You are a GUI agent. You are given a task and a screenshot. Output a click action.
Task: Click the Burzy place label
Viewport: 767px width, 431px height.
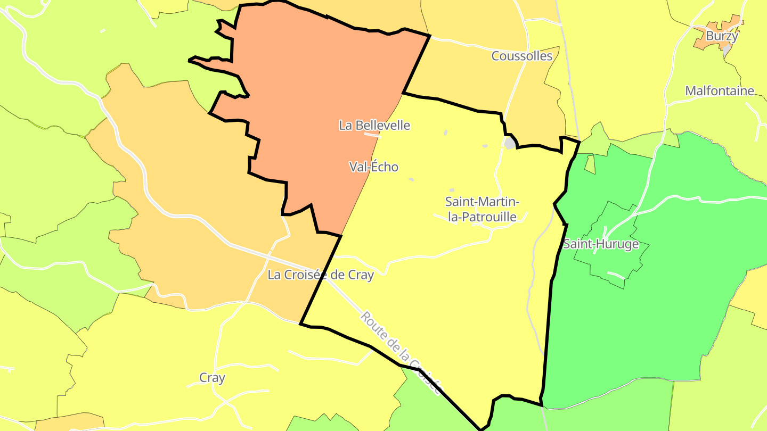(722, 37)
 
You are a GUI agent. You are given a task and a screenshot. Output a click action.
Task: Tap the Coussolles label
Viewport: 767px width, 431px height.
(521, 56)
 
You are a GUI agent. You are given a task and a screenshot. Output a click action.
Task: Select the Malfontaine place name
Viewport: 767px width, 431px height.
(720, 91)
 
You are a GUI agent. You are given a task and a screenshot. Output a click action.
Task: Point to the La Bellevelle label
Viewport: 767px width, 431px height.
(374, 126)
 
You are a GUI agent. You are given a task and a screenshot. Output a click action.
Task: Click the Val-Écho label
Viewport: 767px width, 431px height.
(373, 167)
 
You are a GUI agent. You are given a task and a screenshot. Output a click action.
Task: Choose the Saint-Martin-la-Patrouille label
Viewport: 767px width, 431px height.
(482, 209)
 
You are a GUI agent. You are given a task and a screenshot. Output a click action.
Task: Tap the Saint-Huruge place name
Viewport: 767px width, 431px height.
(601, 245)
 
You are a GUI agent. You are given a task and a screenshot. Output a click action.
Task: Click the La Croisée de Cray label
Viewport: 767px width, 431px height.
(321, 275)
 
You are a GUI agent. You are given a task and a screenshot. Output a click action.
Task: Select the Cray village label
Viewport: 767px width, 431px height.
(212, 378)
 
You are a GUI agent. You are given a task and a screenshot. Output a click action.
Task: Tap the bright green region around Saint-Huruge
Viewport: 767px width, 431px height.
(666, 319)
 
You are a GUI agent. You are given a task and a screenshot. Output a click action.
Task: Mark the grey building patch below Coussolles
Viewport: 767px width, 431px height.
(510, 143)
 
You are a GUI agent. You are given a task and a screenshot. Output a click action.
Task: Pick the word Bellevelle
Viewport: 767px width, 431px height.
(382, 126)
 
